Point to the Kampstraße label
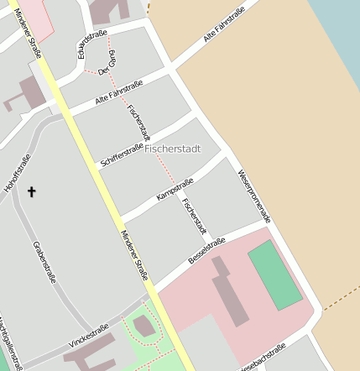coord(175,189)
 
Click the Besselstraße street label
coord(206,251)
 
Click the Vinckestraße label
coord(89,335)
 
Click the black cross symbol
coord(32,192)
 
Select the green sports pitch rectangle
coord(274,274)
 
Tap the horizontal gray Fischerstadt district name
coord(173,149)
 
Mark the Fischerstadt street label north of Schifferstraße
coord(138,123)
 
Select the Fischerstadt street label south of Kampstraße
coord(194,216)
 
